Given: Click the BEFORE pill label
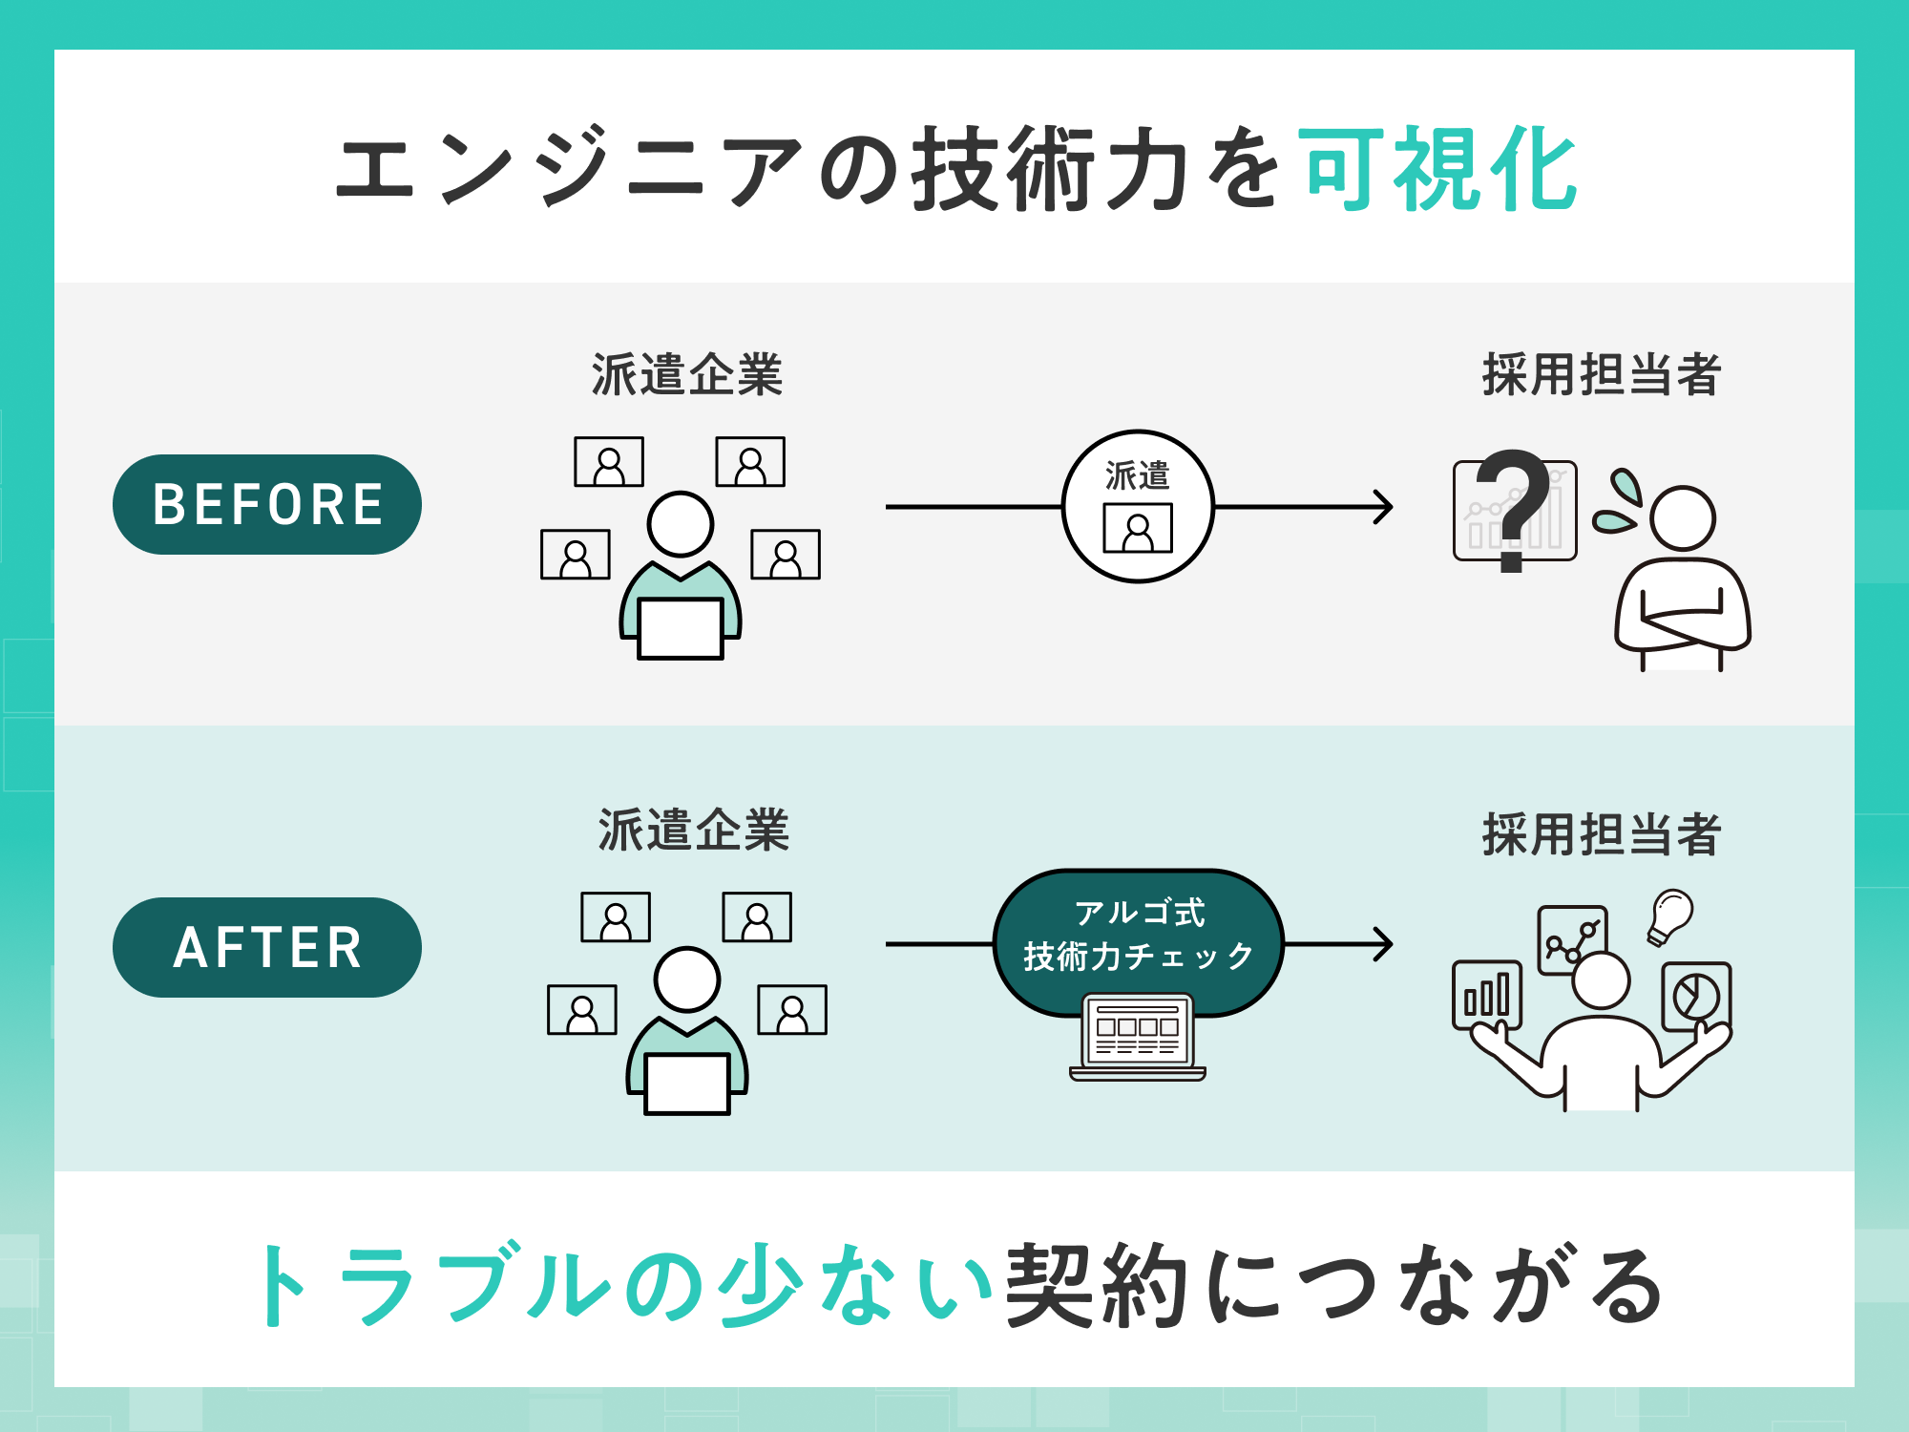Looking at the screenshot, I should [267, 504].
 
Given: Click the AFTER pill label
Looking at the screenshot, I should [267, 947].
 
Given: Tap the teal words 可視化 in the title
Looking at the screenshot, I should [1439, 170].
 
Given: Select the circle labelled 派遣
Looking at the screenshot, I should [1138, 506].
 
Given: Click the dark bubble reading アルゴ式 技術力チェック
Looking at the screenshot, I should [1138, 936].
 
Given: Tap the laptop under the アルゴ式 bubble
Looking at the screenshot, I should [1138, 1037].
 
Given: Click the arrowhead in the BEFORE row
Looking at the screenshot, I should [1384, 507].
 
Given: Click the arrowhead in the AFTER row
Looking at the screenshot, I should [1384, 944].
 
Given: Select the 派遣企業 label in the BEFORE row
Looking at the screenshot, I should [687, 374].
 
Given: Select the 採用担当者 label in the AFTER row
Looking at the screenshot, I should [1601, 834].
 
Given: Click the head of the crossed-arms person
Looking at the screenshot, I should [1683, 518].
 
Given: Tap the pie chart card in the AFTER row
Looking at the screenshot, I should [1695, 996].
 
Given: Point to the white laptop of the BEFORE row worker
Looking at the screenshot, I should [681, 628].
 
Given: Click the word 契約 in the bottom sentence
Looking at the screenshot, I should [1098, 1285].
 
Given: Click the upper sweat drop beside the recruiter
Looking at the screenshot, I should [1626, 486].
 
